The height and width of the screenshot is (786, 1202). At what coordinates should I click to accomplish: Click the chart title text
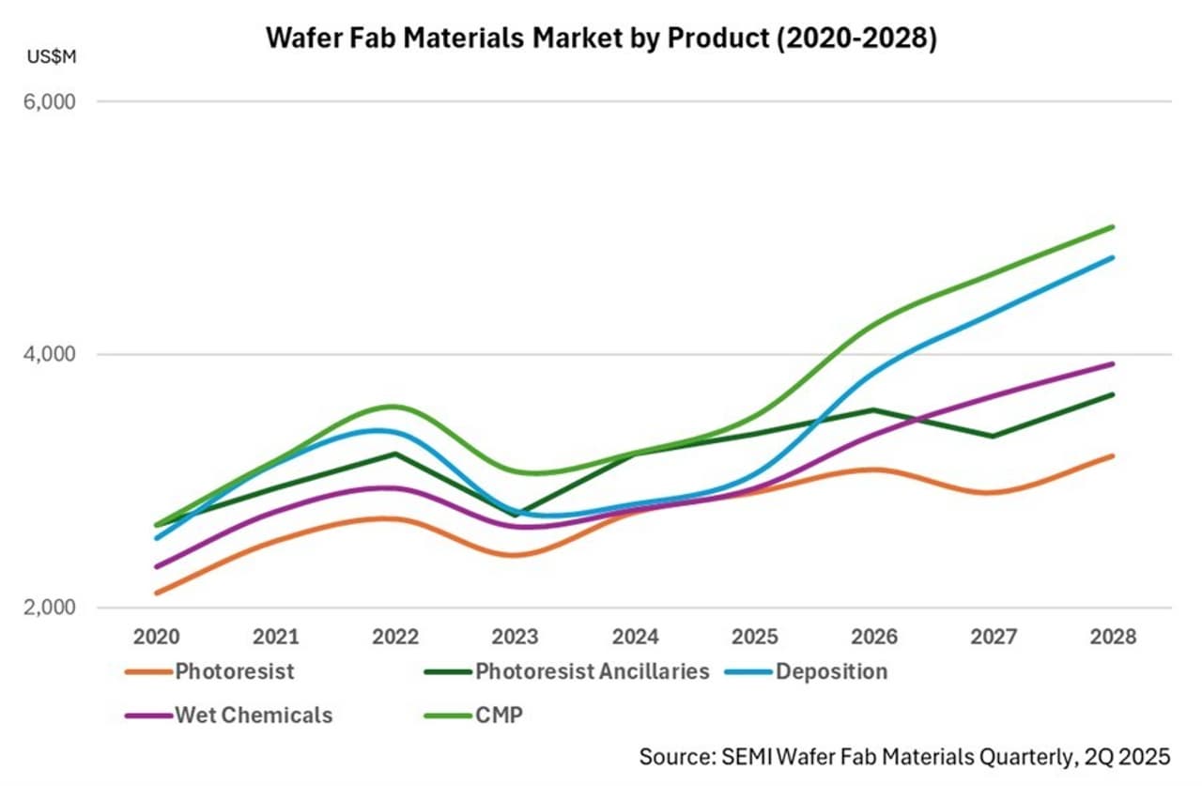pos(601,39)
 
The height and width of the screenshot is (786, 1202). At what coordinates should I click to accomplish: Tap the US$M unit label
pos(52,57)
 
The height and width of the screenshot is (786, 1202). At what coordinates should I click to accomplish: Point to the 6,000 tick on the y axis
pos(48,101)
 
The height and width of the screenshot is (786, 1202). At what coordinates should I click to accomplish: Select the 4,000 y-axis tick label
pos(48,355)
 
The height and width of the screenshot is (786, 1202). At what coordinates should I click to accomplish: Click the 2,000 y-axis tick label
pos(48,608)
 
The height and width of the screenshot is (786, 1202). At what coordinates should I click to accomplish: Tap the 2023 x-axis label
pos(516,637)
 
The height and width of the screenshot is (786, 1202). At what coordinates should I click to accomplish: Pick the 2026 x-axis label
pos(874,637)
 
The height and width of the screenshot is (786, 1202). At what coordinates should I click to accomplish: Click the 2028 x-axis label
pos(1114,637)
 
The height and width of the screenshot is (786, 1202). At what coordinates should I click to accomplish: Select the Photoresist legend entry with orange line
pos(210,671)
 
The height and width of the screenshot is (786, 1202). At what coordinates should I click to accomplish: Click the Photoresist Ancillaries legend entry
pos(567,671)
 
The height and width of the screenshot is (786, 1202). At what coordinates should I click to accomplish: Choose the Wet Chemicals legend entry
pos(229,715)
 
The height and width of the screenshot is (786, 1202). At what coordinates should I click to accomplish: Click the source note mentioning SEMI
pos(904,757)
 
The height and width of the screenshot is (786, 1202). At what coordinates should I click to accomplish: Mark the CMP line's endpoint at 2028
pos(1114,226)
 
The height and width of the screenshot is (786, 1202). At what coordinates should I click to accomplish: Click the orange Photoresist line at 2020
pos(156,593)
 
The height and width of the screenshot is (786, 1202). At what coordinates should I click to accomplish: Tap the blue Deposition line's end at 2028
pos(1114,257)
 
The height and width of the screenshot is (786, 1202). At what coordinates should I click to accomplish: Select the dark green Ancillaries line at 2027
pos(994,436)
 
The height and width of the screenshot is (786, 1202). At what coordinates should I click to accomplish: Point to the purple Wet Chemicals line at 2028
pos(1114,363)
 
